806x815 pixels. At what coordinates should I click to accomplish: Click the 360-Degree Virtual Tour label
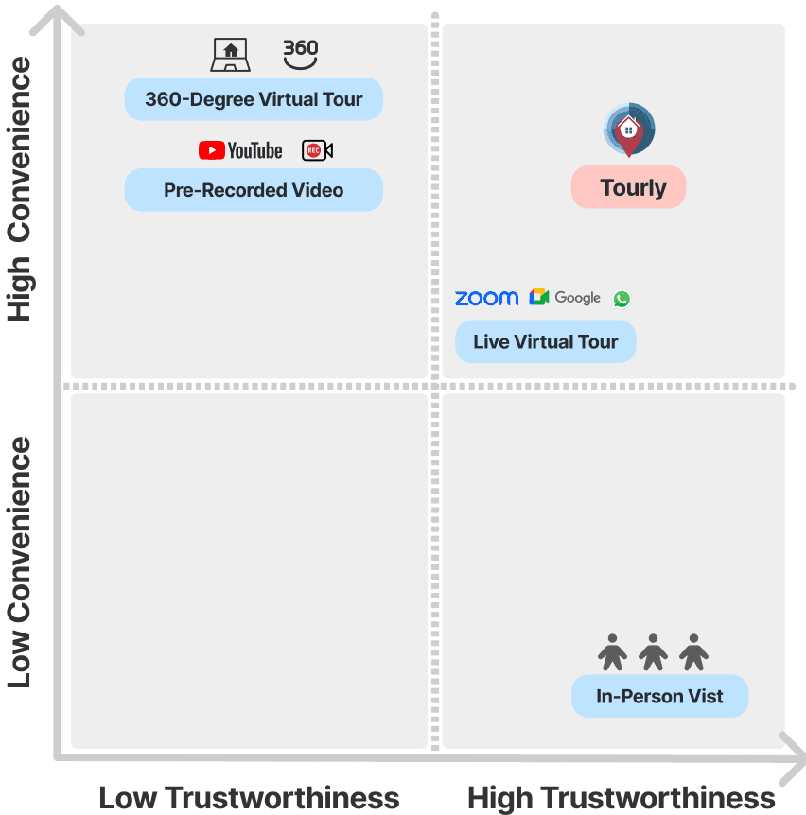coord(254,99)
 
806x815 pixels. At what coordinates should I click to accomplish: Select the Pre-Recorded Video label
coord(254,190)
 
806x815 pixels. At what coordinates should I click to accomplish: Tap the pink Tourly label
coord(628,188)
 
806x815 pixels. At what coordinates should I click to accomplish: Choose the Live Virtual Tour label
coord(545,341)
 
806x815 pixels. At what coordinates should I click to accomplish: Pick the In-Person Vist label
coord(659,697)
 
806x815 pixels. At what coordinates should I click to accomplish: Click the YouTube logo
coord(240,150)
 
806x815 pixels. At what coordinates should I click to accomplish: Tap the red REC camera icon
coord(317,150)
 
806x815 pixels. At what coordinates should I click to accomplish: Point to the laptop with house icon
coord(230,55)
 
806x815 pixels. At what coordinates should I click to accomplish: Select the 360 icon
coord(301,53)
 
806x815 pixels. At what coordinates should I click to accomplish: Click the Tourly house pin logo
coord(629,130)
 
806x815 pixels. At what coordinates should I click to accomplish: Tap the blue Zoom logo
coord(486,298)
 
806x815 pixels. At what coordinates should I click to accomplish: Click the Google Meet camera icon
coord(539,298)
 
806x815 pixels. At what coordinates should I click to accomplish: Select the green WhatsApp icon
coord(622,299)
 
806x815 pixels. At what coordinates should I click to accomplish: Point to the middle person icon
coord(653,651)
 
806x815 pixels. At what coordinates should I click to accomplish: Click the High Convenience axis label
coord(20,189)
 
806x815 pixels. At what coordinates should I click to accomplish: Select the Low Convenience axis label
coord(20,563)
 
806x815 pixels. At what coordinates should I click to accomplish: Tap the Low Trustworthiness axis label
coord(249,797)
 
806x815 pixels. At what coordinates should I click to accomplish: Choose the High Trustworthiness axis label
coord(622,797)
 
